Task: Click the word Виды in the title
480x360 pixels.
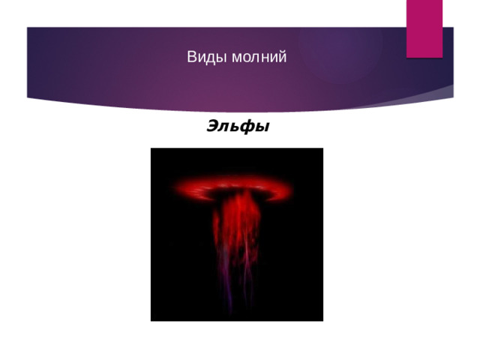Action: click(x=201, y=57)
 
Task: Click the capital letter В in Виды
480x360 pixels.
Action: click(x=191, y=57)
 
